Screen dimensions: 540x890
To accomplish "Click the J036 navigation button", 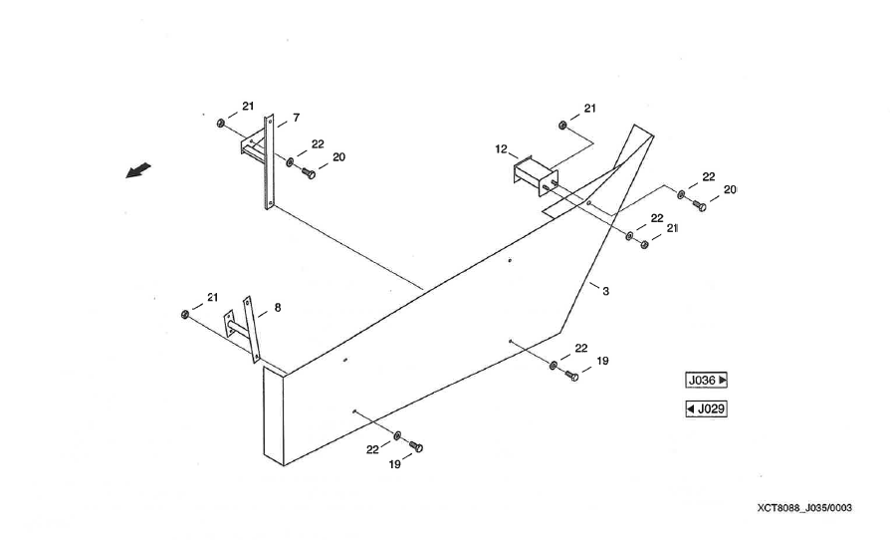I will coord(707,380).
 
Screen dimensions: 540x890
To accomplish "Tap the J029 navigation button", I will coord(707,407).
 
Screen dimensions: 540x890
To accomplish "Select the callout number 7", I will coord(296,118).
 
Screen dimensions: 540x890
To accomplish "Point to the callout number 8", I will coord(277,307).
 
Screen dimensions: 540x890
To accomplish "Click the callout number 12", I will coord(501,148).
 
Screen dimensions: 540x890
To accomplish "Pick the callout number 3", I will coord(605,290).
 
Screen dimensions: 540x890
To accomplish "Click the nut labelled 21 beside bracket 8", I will coord(185,315).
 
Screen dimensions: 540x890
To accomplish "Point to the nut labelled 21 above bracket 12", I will coord(563,126).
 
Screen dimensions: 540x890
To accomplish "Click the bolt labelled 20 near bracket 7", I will coord(308,173).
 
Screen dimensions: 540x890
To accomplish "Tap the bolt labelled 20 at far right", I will coord(699,205).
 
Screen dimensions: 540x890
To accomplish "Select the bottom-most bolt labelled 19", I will coord(416,447).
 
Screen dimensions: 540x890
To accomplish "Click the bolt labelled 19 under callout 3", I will coord(571,377).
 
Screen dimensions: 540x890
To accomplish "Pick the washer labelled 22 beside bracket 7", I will coord(289,161).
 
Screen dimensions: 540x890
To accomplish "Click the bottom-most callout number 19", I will coord(393,464).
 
